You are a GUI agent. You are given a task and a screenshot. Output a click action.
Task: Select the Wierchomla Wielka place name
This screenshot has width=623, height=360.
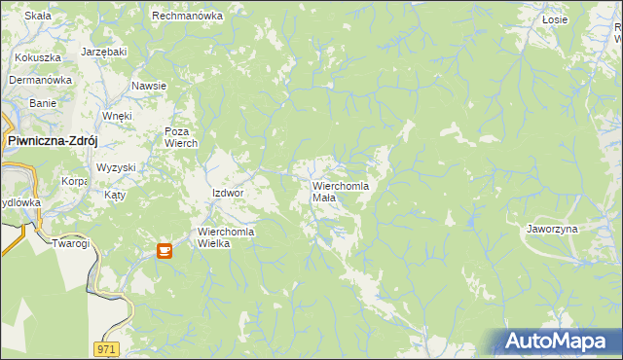227,237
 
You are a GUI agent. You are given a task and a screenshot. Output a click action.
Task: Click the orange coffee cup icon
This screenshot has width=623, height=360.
165,250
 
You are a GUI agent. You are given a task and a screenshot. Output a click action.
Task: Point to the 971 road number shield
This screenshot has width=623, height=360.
108,347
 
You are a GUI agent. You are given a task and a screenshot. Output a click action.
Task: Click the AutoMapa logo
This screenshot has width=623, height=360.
557,342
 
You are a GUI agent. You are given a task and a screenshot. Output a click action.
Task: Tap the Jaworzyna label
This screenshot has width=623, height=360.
552,229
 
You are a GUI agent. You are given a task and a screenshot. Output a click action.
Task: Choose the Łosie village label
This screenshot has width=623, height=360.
555,18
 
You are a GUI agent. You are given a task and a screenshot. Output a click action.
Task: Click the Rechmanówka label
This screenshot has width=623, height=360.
188,17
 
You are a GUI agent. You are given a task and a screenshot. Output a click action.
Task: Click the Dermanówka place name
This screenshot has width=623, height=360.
41,80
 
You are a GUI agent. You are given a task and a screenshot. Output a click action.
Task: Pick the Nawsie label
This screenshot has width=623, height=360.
149,86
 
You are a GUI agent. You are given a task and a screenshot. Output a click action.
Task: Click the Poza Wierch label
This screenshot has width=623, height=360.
181,137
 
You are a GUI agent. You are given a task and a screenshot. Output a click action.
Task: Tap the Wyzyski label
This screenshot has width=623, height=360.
116,167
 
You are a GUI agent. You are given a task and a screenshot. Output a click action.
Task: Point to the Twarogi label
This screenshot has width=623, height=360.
71,243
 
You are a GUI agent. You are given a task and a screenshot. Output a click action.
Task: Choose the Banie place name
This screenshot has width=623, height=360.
43,102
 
